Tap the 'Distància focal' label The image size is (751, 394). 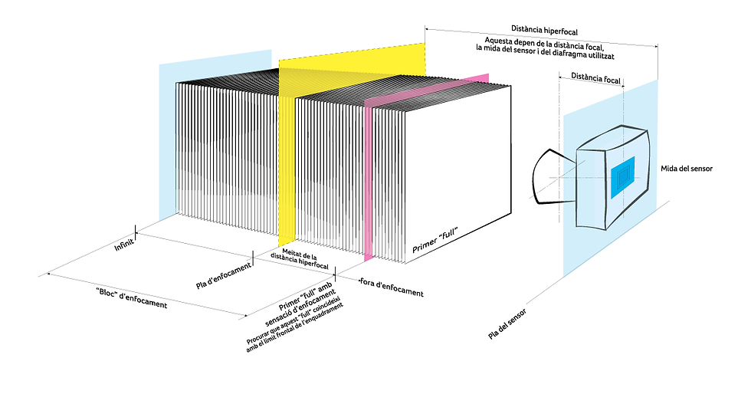point(596,78)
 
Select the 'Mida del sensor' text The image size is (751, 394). point(687,169)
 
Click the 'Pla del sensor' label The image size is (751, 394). point(507,324)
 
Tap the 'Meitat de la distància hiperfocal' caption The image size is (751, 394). point(300,258)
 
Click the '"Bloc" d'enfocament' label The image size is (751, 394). point(132,297)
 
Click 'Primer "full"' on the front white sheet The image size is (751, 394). point(435,240)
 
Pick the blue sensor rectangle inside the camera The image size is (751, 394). point(622,177)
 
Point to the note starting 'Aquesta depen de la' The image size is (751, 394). point(545,48)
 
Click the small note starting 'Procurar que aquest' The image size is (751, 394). point(295,327)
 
